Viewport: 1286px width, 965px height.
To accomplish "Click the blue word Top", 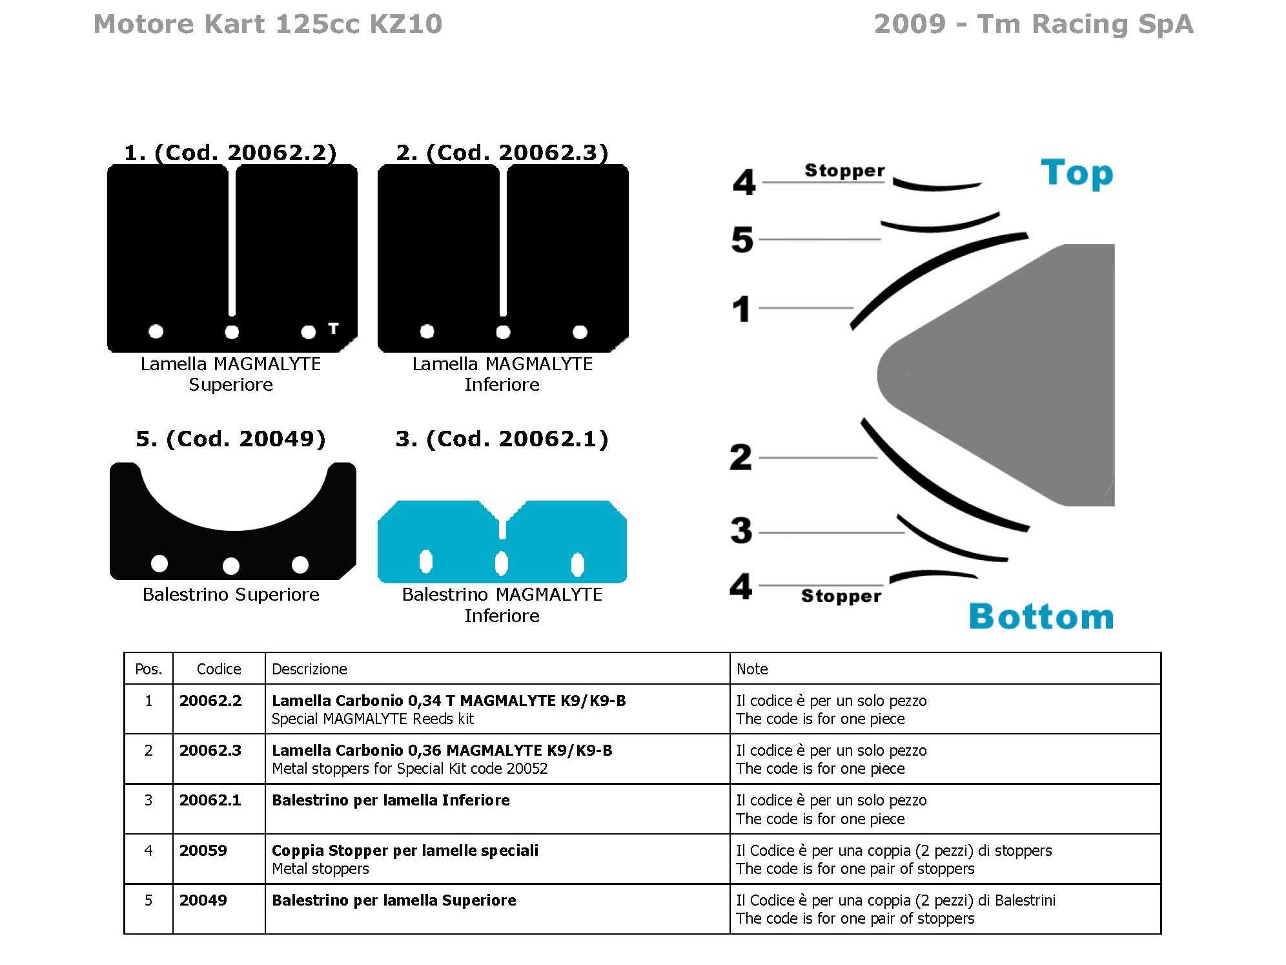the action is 1077,173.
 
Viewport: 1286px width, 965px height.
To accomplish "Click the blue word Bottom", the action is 1041,616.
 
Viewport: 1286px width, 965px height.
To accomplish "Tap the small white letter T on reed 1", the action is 333,328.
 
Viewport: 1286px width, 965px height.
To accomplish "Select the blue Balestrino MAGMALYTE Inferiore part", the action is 502,541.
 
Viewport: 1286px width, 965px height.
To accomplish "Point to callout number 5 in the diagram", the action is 742,239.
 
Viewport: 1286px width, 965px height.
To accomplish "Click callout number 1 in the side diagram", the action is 742,308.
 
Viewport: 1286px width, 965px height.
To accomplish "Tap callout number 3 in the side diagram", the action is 742,530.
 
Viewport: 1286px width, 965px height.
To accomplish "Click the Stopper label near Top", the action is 844,171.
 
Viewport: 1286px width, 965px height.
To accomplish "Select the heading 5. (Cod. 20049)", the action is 230,439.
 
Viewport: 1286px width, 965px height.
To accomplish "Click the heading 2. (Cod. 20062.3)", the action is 502,153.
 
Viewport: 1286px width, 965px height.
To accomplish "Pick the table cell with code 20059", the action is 203,850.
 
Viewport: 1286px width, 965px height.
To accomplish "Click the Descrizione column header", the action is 309,669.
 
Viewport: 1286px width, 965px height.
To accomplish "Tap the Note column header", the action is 752,669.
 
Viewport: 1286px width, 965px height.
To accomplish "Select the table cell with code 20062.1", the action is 210,800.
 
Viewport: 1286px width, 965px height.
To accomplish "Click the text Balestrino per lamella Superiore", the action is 394,900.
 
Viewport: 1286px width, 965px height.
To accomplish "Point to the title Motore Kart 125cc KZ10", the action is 268,25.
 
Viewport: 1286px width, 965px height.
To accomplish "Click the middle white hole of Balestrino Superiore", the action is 230,566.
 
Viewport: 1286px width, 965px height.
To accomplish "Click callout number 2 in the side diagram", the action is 741,457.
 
